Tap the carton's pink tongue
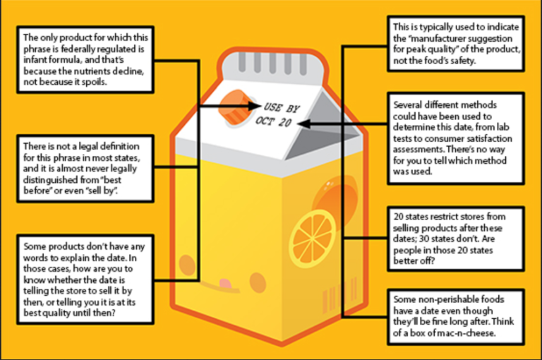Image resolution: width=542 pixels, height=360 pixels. (224, 284)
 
